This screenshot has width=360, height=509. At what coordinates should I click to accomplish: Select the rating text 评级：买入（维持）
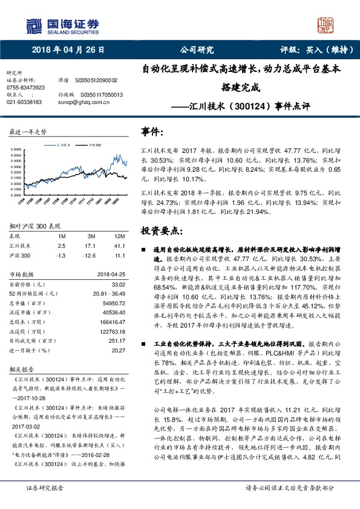317,50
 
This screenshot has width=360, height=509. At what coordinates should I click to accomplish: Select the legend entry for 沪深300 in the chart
93,145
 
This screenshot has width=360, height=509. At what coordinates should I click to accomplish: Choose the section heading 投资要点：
161,230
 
